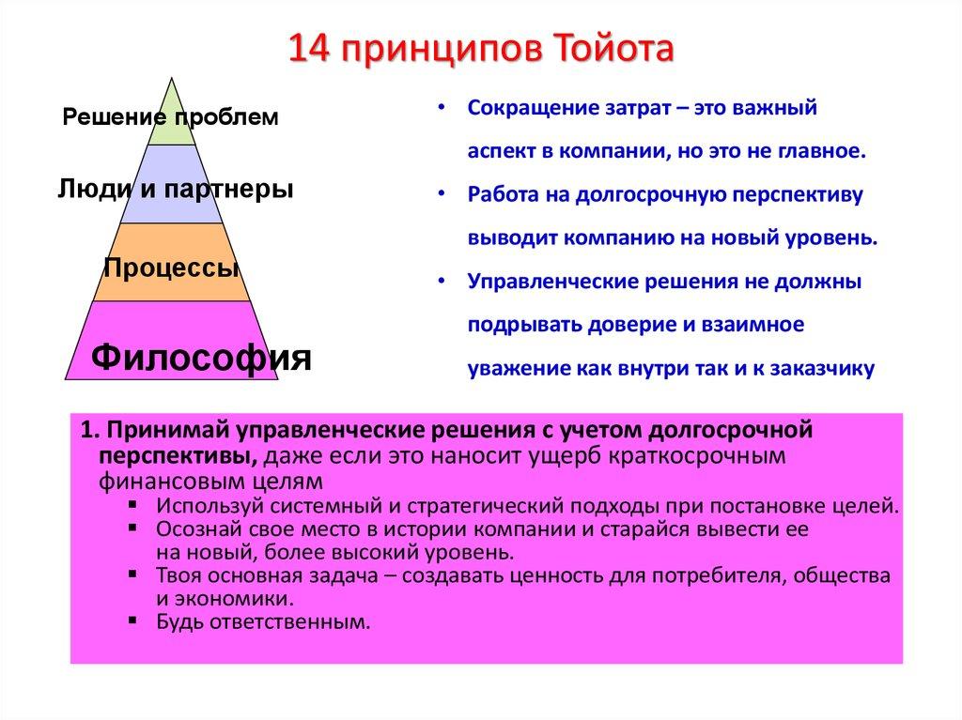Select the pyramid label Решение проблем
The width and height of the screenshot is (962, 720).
click(x=170, y=117)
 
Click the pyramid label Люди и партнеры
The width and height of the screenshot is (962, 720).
click(x=175, y=189)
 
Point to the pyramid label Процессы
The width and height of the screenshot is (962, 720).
click(x=170, y=268)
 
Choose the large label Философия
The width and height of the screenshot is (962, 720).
click(x=200, y=357)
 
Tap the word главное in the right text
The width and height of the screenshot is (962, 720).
click(x=824, y=150)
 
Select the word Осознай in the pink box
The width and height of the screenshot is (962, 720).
click(x=193, y=529)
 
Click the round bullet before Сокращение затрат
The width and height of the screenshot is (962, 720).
click(x=442, y=108)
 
